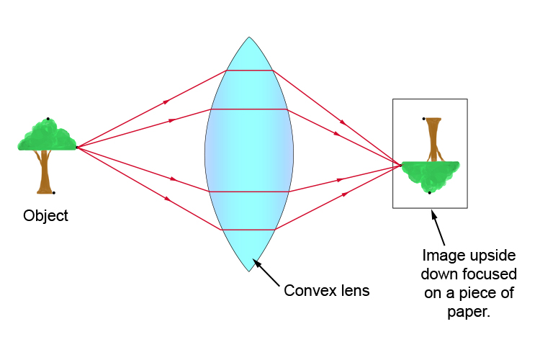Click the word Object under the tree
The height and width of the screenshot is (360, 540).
tap(45, 215)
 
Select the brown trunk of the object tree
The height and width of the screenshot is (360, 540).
tap(45, 173)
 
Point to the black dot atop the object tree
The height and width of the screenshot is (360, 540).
tap(48, 118)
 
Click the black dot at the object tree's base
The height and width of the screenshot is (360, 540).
tap(53, 193)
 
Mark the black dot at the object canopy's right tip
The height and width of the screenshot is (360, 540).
tap(76, 147)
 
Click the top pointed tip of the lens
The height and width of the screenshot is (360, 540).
tap(249, 37)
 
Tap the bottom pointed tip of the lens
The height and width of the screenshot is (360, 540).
tap(249, 271)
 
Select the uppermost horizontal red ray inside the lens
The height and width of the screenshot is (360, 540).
tap(250, 71)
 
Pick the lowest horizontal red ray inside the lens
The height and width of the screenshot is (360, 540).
tap(250, 230)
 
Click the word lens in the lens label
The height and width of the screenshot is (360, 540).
tap(354, 291)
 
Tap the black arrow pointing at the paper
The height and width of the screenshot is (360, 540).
tap(437, 227)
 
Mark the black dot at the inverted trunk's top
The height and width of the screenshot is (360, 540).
tap(424, 118)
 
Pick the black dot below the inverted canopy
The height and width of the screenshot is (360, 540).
tap(430, 193)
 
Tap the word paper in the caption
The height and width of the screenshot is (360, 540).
tap(458, 314)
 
